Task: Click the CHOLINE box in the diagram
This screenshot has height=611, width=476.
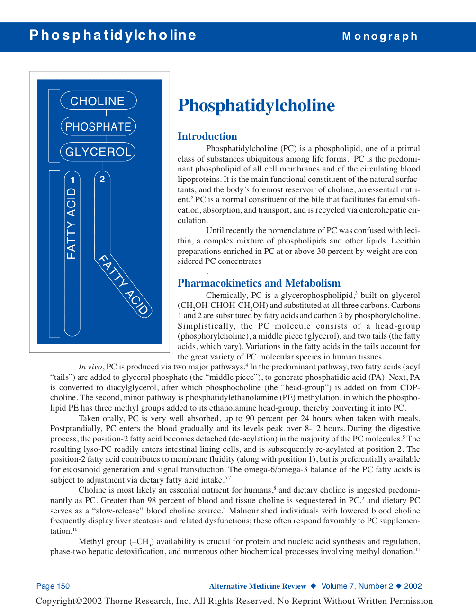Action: click(x=98, y=101)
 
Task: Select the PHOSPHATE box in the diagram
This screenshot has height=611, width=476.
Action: click(x=98, y=126)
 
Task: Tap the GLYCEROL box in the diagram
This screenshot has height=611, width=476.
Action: click(x=98, y=152)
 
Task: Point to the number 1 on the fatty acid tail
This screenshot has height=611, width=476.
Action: click(x=72, y=180)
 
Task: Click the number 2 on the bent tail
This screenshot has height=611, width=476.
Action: click(x=102, y=179)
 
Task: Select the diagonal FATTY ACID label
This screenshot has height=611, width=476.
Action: click(x=123, y=284)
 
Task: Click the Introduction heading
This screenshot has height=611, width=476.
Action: click(x=207, y=136)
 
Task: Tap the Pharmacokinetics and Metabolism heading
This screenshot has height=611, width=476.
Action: click(x=259, y=283)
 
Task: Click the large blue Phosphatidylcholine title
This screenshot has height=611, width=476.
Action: click(x=256, y=106)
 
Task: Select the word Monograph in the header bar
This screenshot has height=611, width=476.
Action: click(x=380, y=36)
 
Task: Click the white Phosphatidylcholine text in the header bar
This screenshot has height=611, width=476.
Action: click(x=113, y=36)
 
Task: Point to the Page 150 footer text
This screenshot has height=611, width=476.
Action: click(x=53, y=586)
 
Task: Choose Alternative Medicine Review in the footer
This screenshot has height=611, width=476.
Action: click(x=258, y=586)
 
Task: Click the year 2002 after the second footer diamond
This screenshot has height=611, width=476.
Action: click(x=413, y=586)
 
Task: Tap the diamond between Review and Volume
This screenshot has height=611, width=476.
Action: click(x=314, y=586)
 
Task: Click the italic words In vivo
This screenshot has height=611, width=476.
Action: click(x=90, y=367)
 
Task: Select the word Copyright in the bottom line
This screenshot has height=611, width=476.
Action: click(x=55, y=601)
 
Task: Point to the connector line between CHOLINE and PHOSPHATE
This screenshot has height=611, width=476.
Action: click(x=106, y=114)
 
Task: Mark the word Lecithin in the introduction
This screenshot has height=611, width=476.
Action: click(x=405, y=241)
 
